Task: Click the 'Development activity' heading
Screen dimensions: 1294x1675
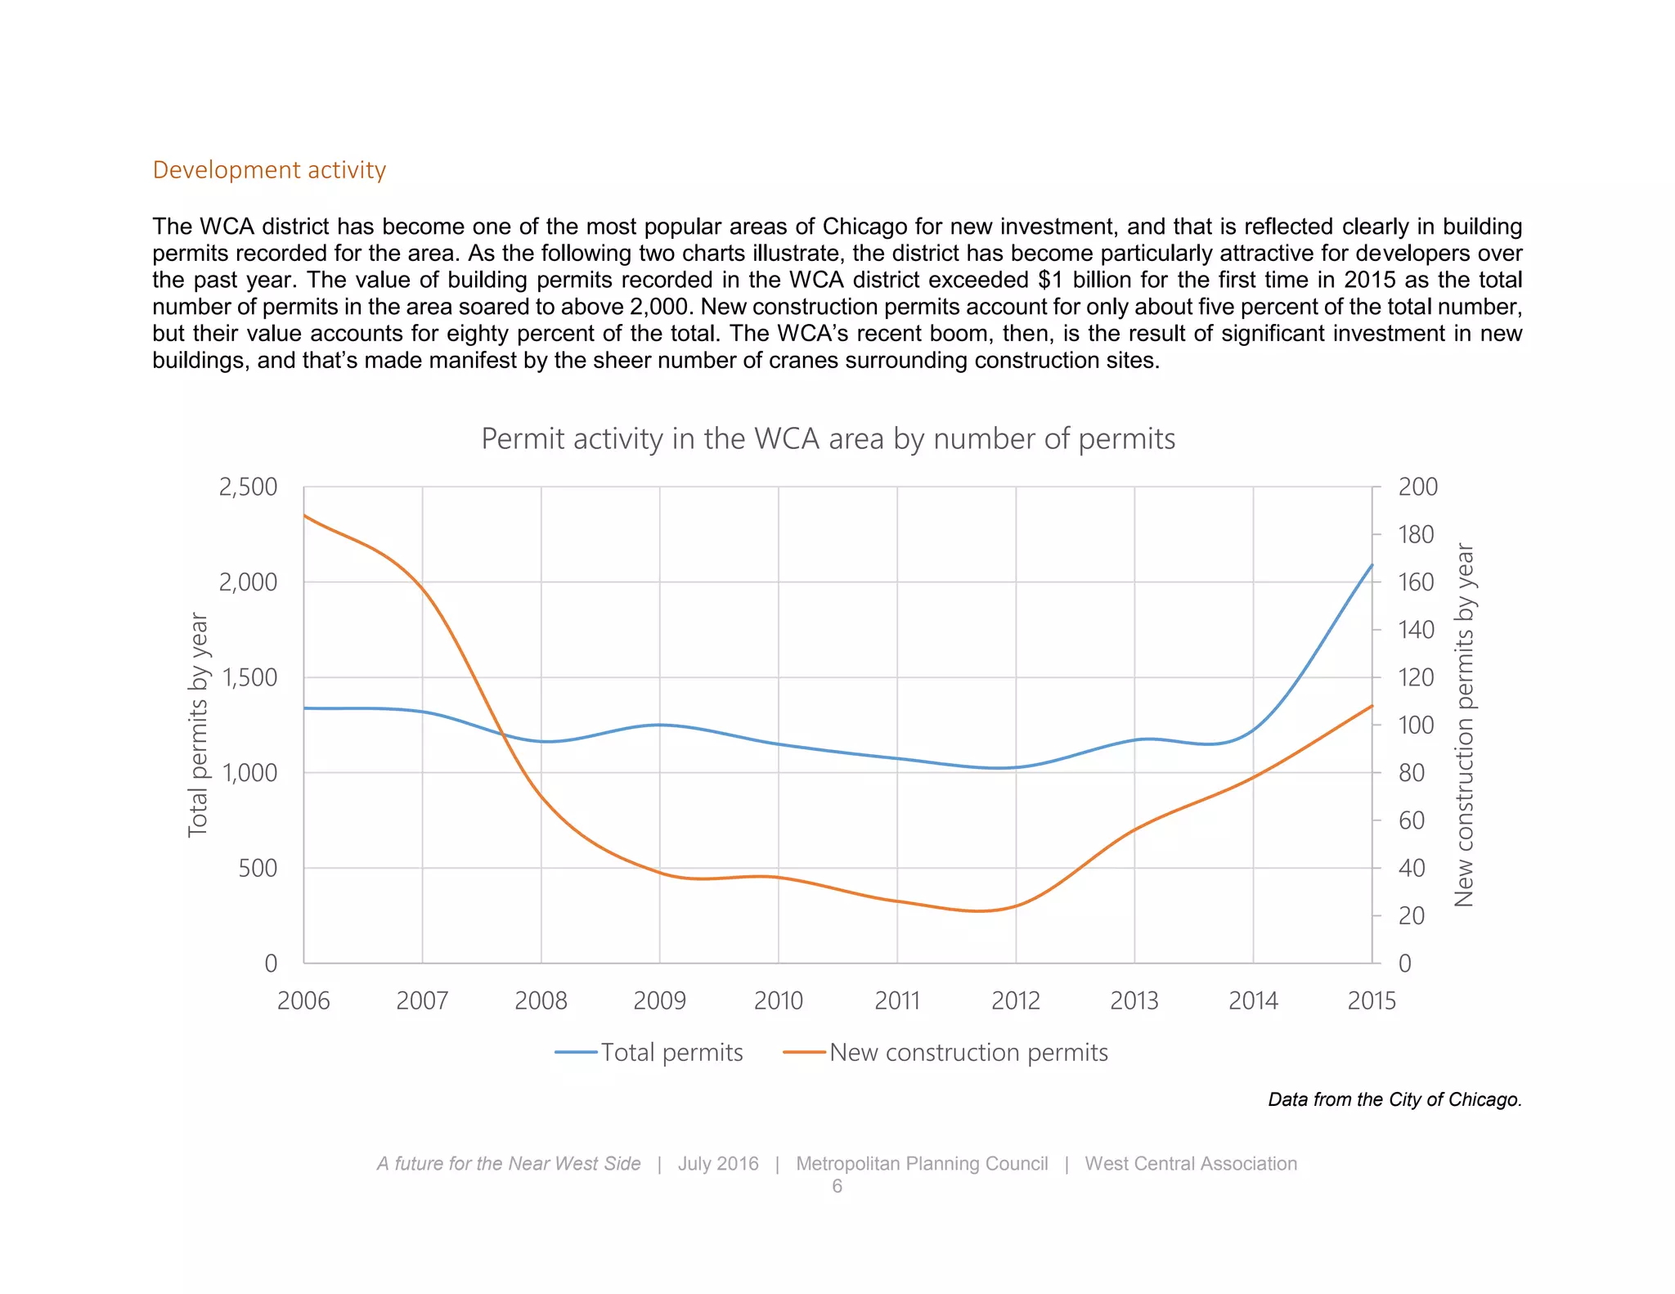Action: click(269, 169)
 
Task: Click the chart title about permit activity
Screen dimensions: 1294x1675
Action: click(828, 439)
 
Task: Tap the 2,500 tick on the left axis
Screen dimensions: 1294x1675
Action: click(249, 487)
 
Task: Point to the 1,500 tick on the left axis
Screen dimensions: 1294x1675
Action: click(249, 677)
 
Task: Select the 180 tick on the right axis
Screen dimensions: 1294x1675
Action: click(1416, 534)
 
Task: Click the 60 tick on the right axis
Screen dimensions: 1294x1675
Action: click(1412, 820)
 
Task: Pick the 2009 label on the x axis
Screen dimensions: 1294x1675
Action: click(659, 1000)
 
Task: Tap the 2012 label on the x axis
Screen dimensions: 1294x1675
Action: click(1016, 1000)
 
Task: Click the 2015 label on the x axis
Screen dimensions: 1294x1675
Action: click(1372, 1000)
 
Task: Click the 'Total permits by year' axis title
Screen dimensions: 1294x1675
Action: click(198, 725)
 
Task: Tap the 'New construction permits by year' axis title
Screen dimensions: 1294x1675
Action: click(1464, 725)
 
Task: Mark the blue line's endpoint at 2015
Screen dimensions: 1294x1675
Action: click(1372, 564)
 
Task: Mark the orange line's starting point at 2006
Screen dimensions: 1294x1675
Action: click(304, 515)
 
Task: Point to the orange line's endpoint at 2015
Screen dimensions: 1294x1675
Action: click(1372, 705)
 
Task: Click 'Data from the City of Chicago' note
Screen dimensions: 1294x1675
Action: click(1394, 1099)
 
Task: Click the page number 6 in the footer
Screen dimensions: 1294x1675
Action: click(837, 1186)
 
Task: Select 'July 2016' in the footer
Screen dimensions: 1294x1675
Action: click(718, 1163)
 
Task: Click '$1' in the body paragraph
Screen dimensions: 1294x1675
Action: click(1051, 280)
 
